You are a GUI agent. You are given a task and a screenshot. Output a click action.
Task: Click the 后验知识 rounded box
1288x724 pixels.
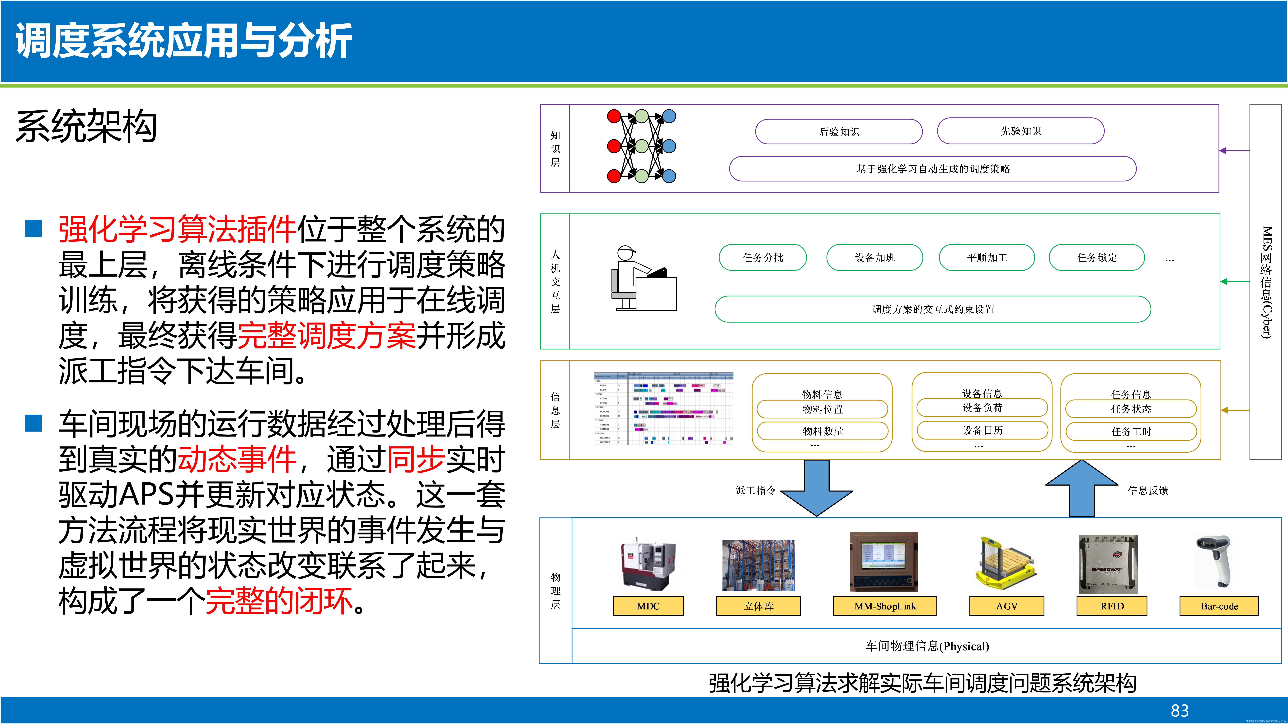(838, 131)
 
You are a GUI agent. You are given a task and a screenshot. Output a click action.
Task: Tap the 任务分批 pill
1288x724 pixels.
(762, 257)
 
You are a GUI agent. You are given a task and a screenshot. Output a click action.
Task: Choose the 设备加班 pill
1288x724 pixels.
(874, 257)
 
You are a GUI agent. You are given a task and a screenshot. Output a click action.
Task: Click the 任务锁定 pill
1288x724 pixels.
(1096, 257)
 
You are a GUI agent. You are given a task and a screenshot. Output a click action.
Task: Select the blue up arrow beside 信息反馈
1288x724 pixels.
(1081, 487)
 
